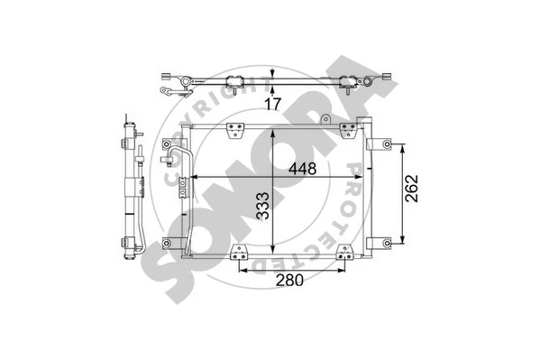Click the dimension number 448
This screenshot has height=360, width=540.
(x=302, y=167)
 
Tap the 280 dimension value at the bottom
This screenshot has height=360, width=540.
(x=290, y=280)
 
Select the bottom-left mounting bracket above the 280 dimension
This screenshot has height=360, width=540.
(x=239, y=252)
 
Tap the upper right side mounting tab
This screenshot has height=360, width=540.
(x=383, y=144)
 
